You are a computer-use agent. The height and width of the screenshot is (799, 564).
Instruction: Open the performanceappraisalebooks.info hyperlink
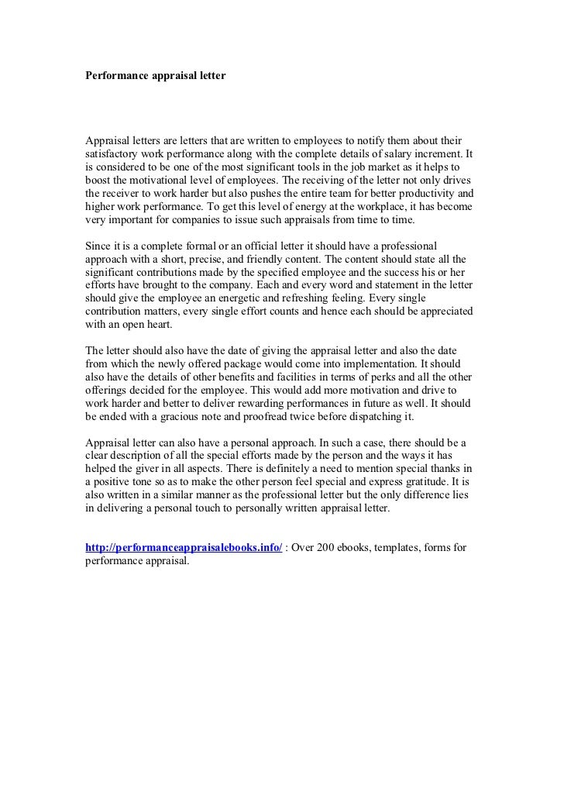pos(183,547)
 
